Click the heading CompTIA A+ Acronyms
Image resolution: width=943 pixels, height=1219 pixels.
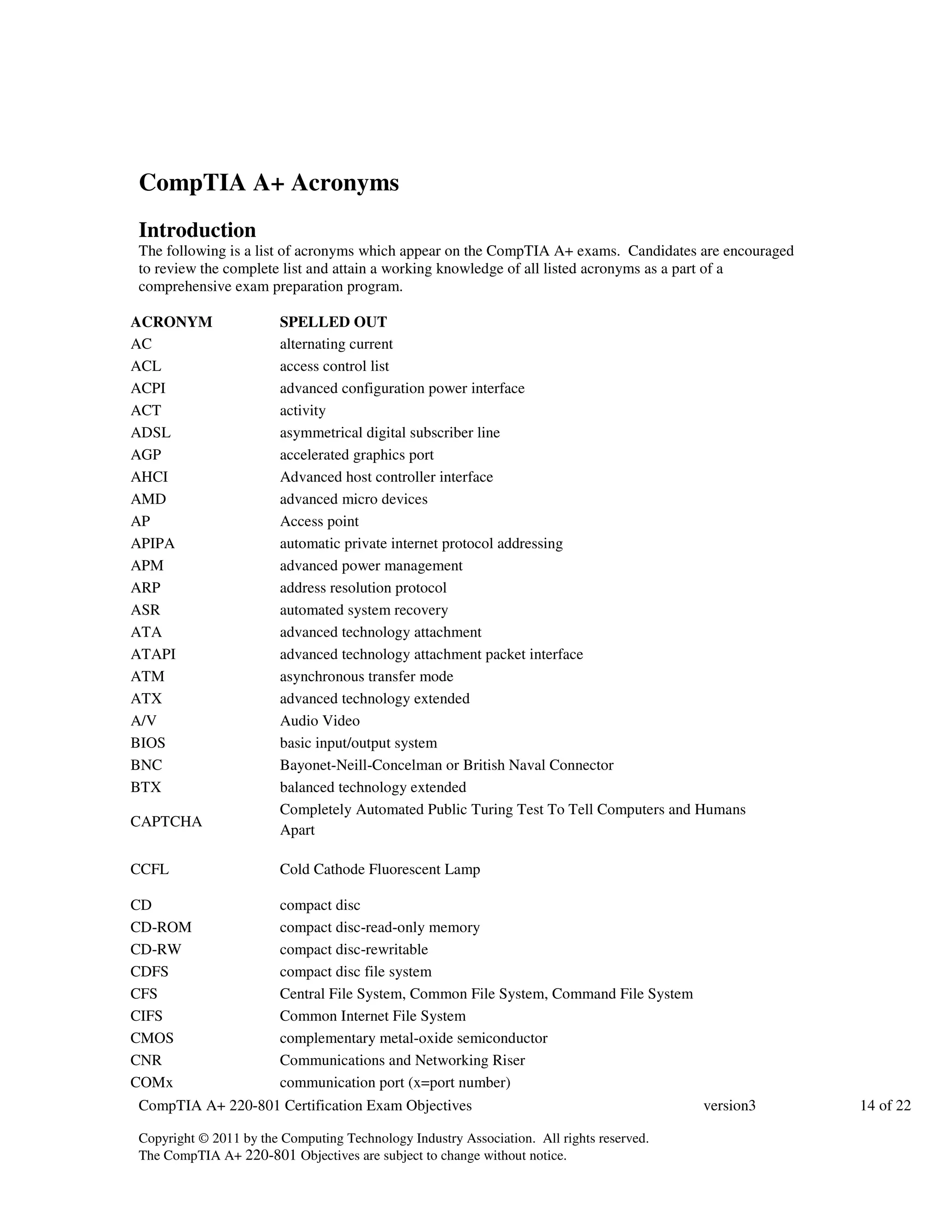pyautogui.click(x=269, y=183)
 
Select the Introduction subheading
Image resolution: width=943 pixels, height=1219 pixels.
pyautogui.click(x=197, y=230)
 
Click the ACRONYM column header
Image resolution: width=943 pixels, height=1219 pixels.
pyautogui.click(x=171, y=322)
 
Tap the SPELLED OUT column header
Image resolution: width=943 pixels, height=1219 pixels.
pyautogui.click(x=333, y=322)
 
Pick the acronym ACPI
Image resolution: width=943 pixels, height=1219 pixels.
pyautogui.click(x=148, y=389)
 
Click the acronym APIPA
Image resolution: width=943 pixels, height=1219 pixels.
pyautogui.click(x=152, y=544)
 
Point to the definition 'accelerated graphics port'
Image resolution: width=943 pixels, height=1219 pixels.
pyautogui.click(x=356, y=455)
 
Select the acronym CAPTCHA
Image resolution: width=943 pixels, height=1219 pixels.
pyautogui.click(x=166, y=822)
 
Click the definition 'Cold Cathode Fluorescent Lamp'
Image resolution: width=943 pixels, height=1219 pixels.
pyautogui.click(x=380, y=869)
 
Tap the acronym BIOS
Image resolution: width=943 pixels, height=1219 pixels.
pyautogui.click(x=148, y=743)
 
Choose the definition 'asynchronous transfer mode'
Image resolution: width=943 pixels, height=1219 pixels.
pyautogui.click(x=367, y=677)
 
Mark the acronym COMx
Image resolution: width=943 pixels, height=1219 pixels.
pyautogui.click(x=151, y=1082)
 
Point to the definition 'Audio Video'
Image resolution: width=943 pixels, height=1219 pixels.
pyautogui.click(x=320, y=721)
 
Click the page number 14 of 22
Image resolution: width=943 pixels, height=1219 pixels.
pyautogui.click(x=885, y=1106)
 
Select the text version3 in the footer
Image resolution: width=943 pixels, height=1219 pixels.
pyautogui.click(x=729, y=1106)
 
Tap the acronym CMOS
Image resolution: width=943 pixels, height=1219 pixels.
pyautogui.click(x=152, y=1038)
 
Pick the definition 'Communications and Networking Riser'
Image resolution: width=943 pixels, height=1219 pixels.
pyautogui.click(x=402, y=1060)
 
